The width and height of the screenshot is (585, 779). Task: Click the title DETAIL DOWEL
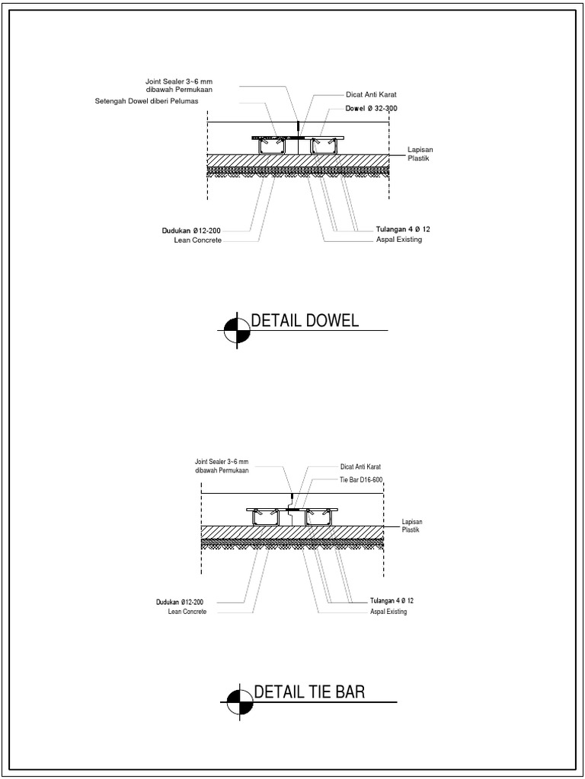[x=299, y=320]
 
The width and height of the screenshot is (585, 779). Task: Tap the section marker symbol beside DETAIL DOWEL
[x=237, y=329]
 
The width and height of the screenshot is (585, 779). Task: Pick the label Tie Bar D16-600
[x=361, y=480]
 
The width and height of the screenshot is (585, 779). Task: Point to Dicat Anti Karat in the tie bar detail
[x=360, y=466]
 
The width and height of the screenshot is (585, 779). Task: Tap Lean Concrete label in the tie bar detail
[x=187, y=612]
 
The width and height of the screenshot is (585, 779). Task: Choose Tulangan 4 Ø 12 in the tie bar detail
[x=392, y=601]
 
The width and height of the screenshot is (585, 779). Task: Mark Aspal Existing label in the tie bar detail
[x=388, y=612]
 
